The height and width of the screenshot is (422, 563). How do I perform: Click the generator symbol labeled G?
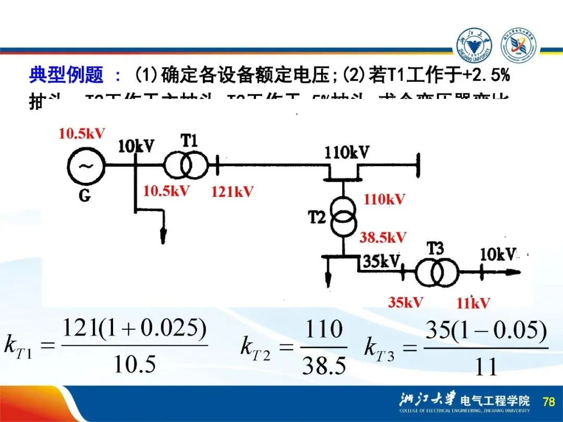pyautogui.click(x=85, y=166)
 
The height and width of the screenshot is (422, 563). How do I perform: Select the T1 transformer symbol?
pyautogui.click(x=185, y=166)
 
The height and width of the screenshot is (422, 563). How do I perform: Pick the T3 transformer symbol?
pyautogui.click(x=436, y=271)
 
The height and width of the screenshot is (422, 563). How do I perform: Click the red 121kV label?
pyautogui.click(x=232, y=192)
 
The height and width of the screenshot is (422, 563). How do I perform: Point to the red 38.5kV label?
pyautogui.click(x=383, y=238)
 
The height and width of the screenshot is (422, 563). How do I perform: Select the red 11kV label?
pyautogui.click(x=473, y=303)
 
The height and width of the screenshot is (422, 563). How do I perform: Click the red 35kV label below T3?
pyautogui.click(x=405, y=302)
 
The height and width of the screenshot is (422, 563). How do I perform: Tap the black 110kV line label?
pyautogui.click(x=347, y=153)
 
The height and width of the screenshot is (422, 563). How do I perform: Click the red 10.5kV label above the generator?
pyautogui.click(x=82, y=134)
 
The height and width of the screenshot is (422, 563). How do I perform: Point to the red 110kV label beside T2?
pyautogui.click(x=384, y=199)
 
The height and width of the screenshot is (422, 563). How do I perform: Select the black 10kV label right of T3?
pyautogui.click(x=498, y=255)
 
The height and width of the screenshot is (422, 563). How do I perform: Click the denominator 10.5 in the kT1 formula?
pyautogui.click(x=135, y=364)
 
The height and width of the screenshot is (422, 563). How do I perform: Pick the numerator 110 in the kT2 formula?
pyautogui.click(x=324, y=330)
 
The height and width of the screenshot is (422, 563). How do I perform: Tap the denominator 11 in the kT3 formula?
pyautogui.click(x=486, y=367)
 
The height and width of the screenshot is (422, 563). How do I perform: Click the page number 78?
pyautogui.click(x=548, y=402)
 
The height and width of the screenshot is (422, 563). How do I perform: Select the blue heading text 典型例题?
pyautogui.click(x=66, y=76)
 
